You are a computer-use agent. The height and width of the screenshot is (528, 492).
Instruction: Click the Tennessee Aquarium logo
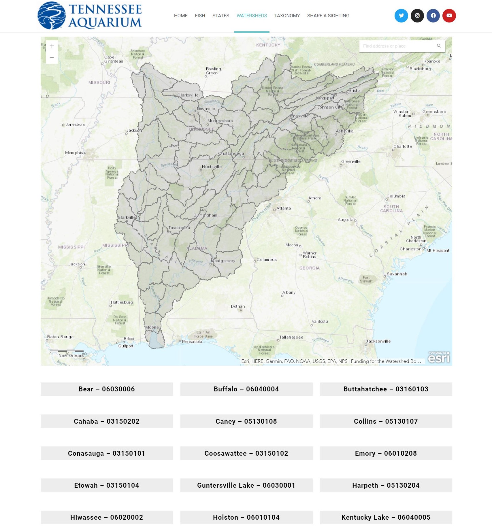coord(90,16)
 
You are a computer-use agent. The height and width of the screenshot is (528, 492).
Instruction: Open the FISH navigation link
coord(200,16)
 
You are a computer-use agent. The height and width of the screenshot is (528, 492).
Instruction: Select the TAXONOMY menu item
coord(287,16)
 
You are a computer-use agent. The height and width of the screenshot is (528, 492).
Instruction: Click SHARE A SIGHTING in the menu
coord(328,16)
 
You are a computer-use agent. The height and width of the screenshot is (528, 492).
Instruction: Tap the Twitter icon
coord(401,16)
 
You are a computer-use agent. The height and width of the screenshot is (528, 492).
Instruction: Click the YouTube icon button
coord(449,16)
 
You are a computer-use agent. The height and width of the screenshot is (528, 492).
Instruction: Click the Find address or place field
coord(395,46)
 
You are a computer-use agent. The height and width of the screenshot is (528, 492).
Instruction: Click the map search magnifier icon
coord(439,46)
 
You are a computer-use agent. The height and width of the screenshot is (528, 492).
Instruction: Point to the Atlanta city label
coord(283,208)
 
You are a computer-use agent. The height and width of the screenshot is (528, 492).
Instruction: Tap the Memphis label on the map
coord(74,153)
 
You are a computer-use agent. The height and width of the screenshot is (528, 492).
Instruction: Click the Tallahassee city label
coord(291,337)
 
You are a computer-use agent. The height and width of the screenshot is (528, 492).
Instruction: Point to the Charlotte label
coord(403,146)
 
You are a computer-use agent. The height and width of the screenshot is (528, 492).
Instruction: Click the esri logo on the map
coord(439,357)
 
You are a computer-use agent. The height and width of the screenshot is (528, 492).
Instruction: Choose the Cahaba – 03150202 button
coord(107,421)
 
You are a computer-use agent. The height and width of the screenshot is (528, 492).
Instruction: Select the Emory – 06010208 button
coord(386,453)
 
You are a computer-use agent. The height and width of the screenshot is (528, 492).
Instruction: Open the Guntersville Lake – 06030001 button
coord(246,485)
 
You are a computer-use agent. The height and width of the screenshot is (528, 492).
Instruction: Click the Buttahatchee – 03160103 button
coord(386,389)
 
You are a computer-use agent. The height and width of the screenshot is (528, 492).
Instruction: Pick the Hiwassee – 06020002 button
coord(107,517)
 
